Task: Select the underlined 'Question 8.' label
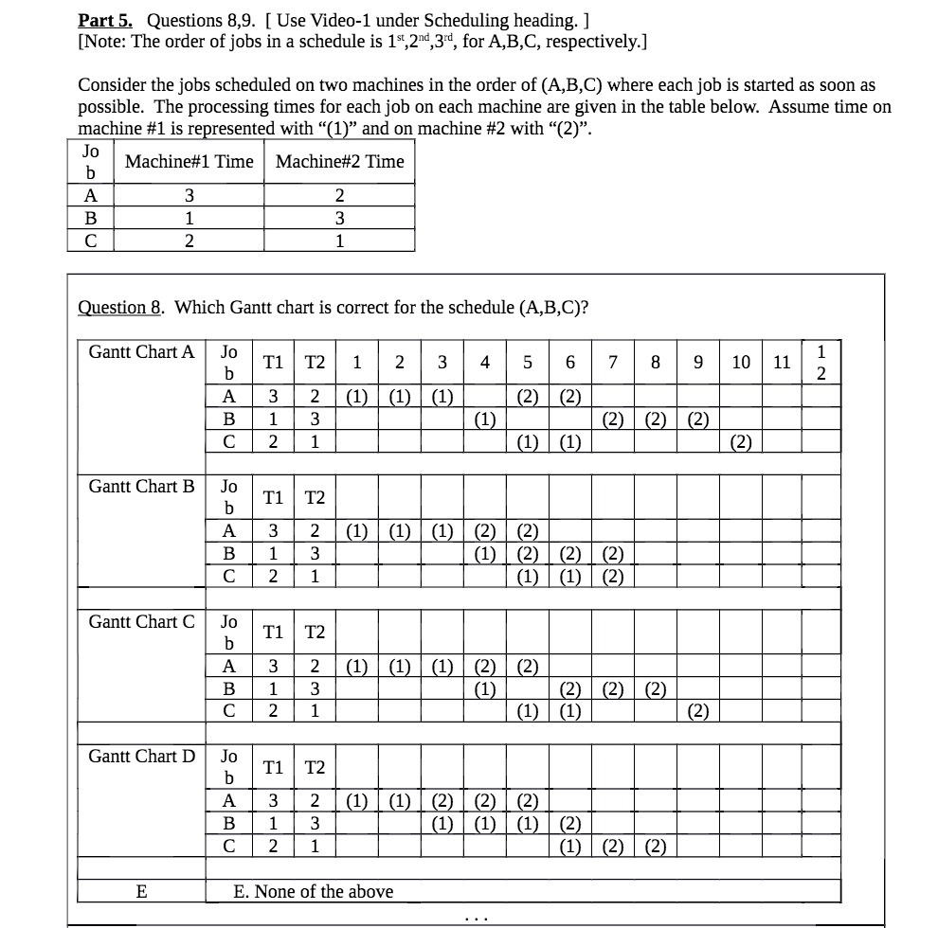(x=122, y=307)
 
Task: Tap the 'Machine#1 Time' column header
(x=189, y=162)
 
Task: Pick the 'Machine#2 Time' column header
(x=339, y=162)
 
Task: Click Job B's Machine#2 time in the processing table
(x=339, y=218)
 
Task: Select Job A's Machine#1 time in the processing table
(x=189, y=196)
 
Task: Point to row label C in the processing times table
(x=91, y=241)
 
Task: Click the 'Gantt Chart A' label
(x=141, y=352)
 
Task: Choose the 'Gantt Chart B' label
(x=141, y=487)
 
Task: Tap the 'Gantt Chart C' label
(x=141, y=622)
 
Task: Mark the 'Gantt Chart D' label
(x=141, y=757)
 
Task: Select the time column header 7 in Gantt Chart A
(x=613, y=363)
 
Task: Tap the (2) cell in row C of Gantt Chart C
(x=697, y=710)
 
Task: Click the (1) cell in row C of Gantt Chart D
(x=570, y=846)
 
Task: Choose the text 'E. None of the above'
(x=313, y=891)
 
